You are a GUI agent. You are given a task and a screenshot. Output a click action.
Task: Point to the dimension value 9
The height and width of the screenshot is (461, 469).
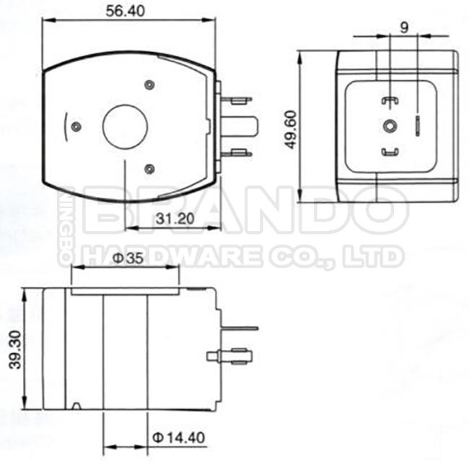pos(404,27)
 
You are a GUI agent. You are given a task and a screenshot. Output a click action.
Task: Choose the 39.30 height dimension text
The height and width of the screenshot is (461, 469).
pos(14,351)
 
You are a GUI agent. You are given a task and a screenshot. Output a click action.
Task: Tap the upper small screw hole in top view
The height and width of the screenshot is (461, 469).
pos(149,85)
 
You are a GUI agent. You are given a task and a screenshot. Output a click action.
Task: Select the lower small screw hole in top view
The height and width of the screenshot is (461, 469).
pos(149,168)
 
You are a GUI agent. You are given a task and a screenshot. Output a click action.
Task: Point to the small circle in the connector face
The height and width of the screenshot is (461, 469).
pos(390,126)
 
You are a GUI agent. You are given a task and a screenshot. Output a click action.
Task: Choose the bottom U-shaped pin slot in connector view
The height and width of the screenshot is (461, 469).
pos(390,152)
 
